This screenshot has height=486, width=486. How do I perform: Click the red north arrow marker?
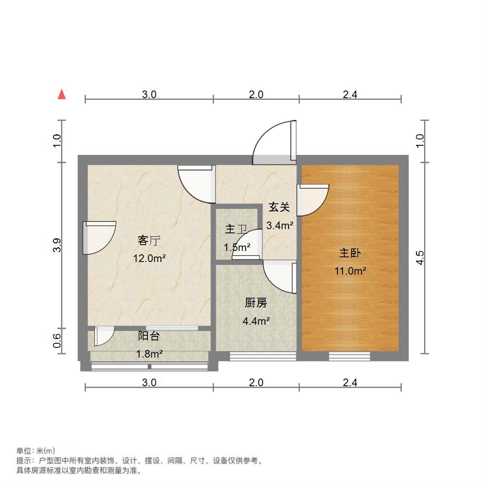click(62, 94)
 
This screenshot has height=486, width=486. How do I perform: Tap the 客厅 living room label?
click(149, 241)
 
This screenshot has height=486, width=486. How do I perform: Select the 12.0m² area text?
click(149, 259)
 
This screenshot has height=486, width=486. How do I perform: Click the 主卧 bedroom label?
click(350, 253)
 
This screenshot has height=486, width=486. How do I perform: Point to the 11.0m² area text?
click(350, 271)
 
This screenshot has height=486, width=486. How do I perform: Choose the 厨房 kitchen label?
click(256, 303)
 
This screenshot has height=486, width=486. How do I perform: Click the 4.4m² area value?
click(256, 321)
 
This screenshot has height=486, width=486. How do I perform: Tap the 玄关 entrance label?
click(279, 207)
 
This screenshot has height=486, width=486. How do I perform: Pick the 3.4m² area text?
click(280, 226)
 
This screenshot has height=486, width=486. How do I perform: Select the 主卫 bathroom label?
click(235, 230)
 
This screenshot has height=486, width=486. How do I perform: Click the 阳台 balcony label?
click(149, 336)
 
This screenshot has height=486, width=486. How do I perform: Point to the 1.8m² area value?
click(149, 354)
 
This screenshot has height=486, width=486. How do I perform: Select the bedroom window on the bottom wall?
click(349, 357)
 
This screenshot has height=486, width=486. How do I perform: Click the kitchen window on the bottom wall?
click(262, 357)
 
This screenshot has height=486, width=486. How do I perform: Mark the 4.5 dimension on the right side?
click(419, 258)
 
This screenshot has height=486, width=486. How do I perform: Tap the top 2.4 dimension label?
click(350, 95)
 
